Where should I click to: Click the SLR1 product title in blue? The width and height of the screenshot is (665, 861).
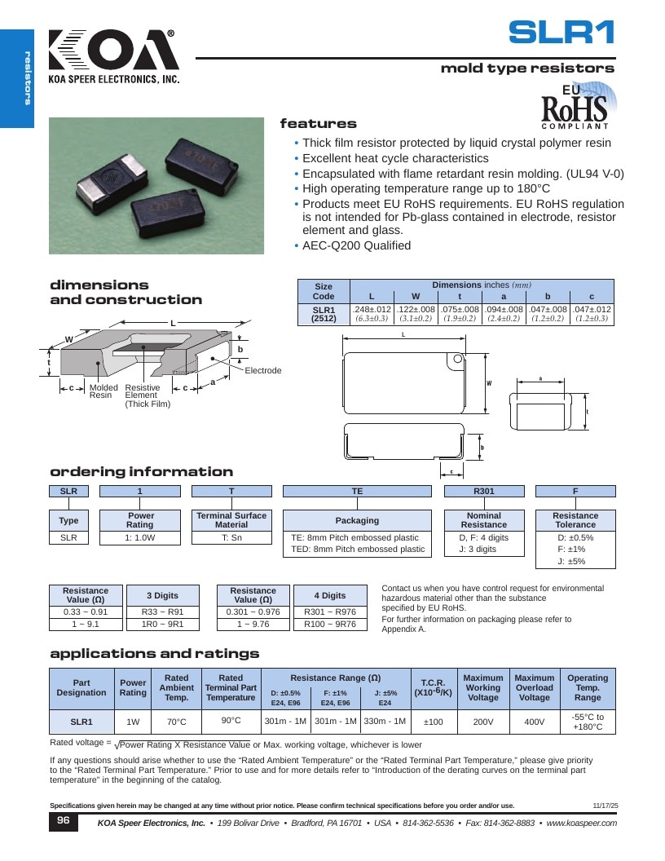pyautogui.click(x=562, y=33)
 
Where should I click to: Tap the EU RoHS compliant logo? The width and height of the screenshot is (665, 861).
pyautogui.click(x=578, y=106)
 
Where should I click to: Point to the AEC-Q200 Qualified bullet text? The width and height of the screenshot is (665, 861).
pyautogui.click(x=357, y=245)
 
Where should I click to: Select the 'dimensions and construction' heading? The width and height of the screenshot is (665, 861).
pyautogui.click(x=126, y=292)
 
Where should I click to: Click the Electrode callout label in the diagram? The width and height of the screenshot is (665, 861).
pyautogui.click(x=262, y=371)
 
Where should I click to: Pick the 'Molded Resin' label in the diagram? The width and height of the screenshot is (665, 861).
pyautogui.click(x=103, y=391)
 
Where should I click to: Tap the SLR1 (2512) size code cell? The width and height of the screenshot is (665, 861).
pyautogui.click(x=324, y=314)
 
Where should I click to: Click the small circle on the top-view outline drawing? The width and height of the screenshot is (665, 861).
pyautogui.click(x=457, y=359)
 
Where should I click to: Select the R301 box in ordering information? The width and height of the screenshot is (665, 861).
pyautogui.click(x=484, y=491)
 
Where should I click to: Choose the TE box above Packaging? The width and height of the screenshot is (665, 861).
pyautogui.click(x=357, y=491)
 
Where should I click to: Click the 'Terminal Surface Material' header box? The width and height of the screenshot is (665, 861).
pyautogui.click(x=231, y=520)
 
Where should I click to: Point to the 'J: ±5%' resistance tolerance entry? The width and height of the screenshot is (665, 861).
pyautogui.click(x=572, y=561)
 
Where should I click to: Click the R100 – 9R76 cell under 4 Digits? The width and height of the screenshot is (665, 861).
pyautogui.click(x=330, y=624)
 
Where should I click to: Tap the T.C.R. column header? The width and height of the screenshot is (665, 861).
pyautogui.click(x=433, y=687)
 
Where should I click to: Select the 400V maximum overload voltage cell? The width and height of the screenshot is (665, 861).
pyautogui.click(x=535, y=722)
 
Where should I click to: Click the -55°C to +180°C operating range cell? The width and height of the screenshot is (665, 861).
pyautogui.click(x=588, y=722)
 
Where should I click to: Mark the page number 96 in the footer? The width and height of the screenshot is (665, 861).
pyautogui.click(x=64, y=820)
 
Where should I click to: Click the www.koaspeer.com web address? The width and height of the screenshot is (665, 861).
pyautogui.click(x=582, y=823)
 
